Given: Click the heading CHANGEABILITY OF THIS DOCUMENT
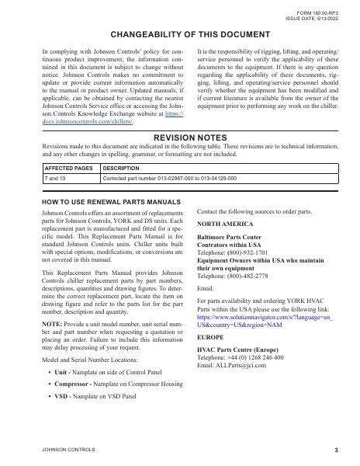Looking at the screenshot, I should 179,36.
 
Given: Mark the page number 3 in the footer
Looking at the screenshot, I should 336,450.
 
